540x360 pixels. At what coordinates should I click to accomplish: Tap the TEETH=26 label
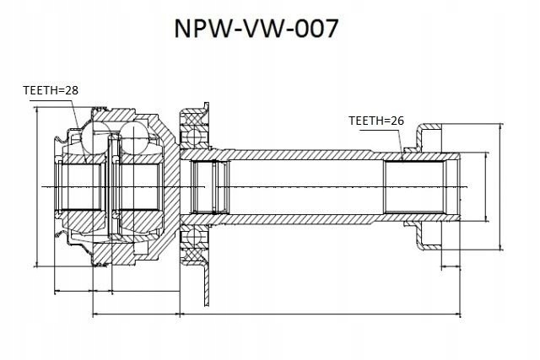coord(376,121)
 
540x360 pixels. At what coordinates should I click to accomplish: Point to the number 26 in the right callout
coord(397,121)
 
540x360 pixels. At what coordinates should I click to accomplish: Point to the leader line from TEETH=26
coord(403,140)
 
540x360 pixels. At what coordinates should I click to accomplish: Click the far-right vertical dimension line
coord(503,187)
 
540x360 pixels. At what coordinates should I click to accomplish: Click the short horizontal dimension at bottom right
coord(451,270)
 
